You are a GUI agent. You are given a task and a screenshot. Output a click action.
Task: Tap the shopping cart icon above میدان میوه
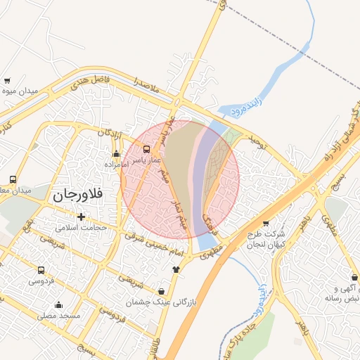click(7, 81)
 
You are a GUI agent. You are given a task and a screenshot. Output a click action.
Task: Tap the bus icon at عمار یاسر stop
click(146, 149)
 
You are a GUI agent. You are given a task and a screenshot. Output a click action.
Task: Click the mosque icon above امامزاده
click(116, 154)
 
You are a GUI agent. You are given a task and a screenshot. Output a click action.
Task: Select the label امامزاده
click(115, 164)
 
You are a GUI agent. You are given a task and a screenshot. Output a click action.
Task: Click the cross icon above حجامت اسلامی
click(82, 217)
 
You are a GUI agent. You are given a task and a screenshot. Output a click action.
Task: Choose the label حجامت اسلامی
click(81, 228)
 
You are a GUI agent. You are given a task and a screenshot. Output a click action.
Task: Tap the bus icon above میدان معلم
click(13, 179)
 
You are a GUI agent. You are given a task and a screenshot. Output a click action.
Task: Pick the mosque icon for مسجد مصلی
click(58, 305)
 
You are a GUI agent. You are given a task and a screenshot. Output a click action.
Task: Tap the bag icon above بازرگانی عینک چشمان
click(162, 291)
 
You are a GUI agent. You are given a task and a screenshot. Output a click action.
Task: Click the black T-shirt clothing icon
click(176, 269)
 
